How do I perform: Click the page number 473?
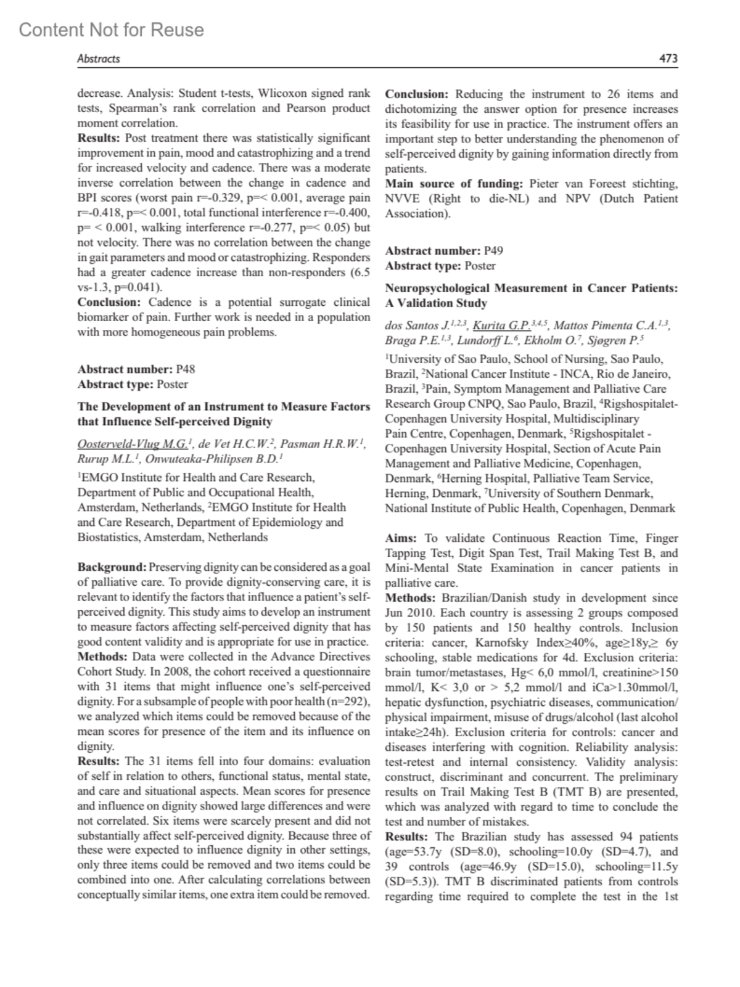click(668, 59)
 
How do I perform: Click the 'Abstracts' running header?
click(98, 59)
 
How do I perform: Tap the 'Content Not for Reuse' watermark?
click(111, 30)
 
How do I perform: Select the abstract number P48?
click(185, 369)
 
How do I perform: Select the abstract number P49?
click(493, 251)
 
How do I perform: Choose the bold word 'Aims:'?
click(401, 538)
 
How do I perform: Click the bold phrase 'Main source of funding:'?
click(454, 184)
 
